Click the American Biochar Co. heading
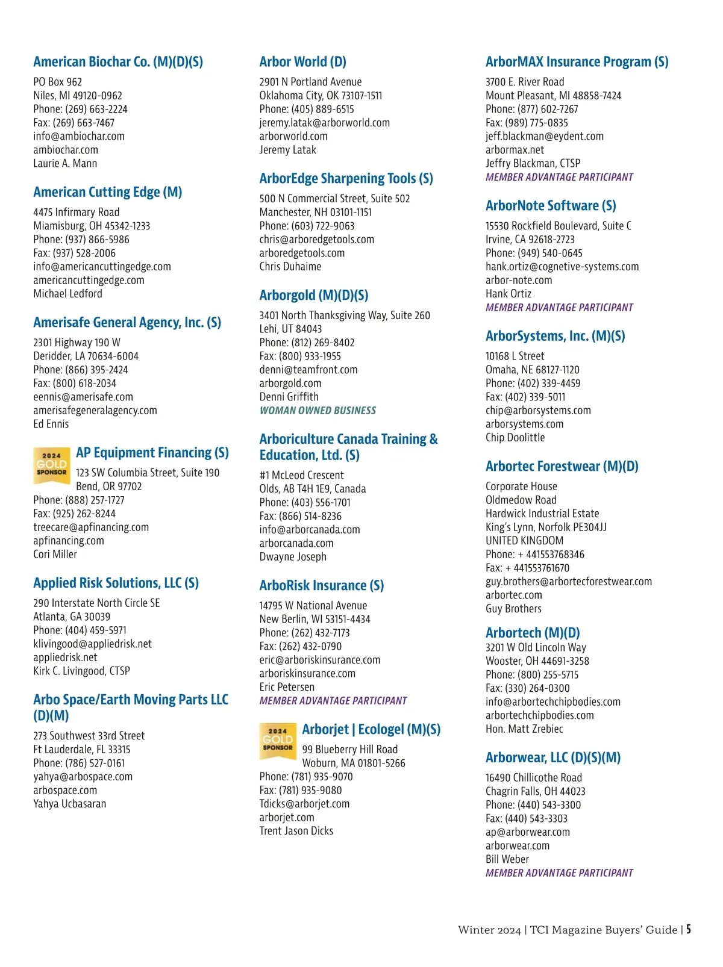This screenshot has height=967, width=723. click(118, 62)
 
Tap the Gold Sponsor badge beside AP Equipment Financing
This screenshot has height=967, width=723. click(51, 465)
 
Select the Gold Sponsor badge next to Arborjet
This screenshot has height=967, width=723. click(277, 741)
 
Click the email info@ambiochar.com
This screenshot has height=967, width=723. click(79, 136)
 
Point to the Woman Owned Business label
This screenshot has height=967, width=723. click(318, 411)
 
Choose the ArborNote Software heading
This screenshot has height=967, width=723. click(551, 206)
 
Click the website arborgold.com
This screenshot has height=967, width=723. click(290, 384)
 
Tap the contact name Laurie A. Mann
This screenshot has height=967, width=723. click(65, 163)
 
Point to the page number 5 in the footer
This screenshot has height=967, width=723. click(688, 929)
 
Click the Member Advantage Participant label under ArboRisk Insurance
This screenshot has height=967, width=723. click(333, 701)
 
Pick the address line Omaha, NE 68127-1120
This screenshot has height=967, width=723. click(532, 370)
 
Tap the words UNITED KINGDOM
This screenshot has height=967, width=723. click(524, 541)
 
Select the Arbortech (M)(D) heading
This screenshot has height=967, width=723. click(533, 633)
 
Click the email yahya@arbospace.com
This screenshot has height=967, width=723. click(83, 777)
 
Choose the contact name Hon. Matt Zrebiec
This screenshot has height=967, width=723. click(524, 729)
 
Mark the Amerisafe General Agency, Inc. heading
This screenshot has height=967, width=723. click(127, 323)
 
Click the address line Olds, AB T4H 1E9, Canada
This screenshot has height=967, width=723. click(313, 489)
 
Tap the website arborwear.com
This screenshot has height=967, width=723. click(518, 845)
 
